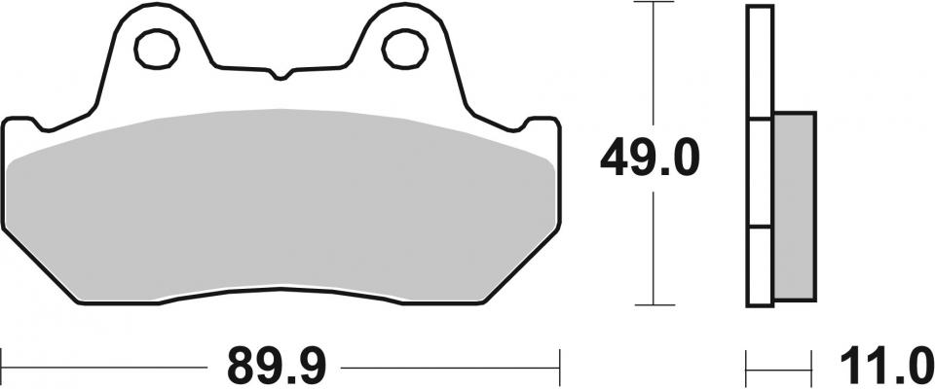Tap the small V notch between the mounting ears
point(280,75)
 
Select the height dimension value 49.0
point(650,158)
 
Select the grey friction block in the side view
point(795,203)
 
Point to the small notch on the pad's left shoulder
point(40,124)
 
